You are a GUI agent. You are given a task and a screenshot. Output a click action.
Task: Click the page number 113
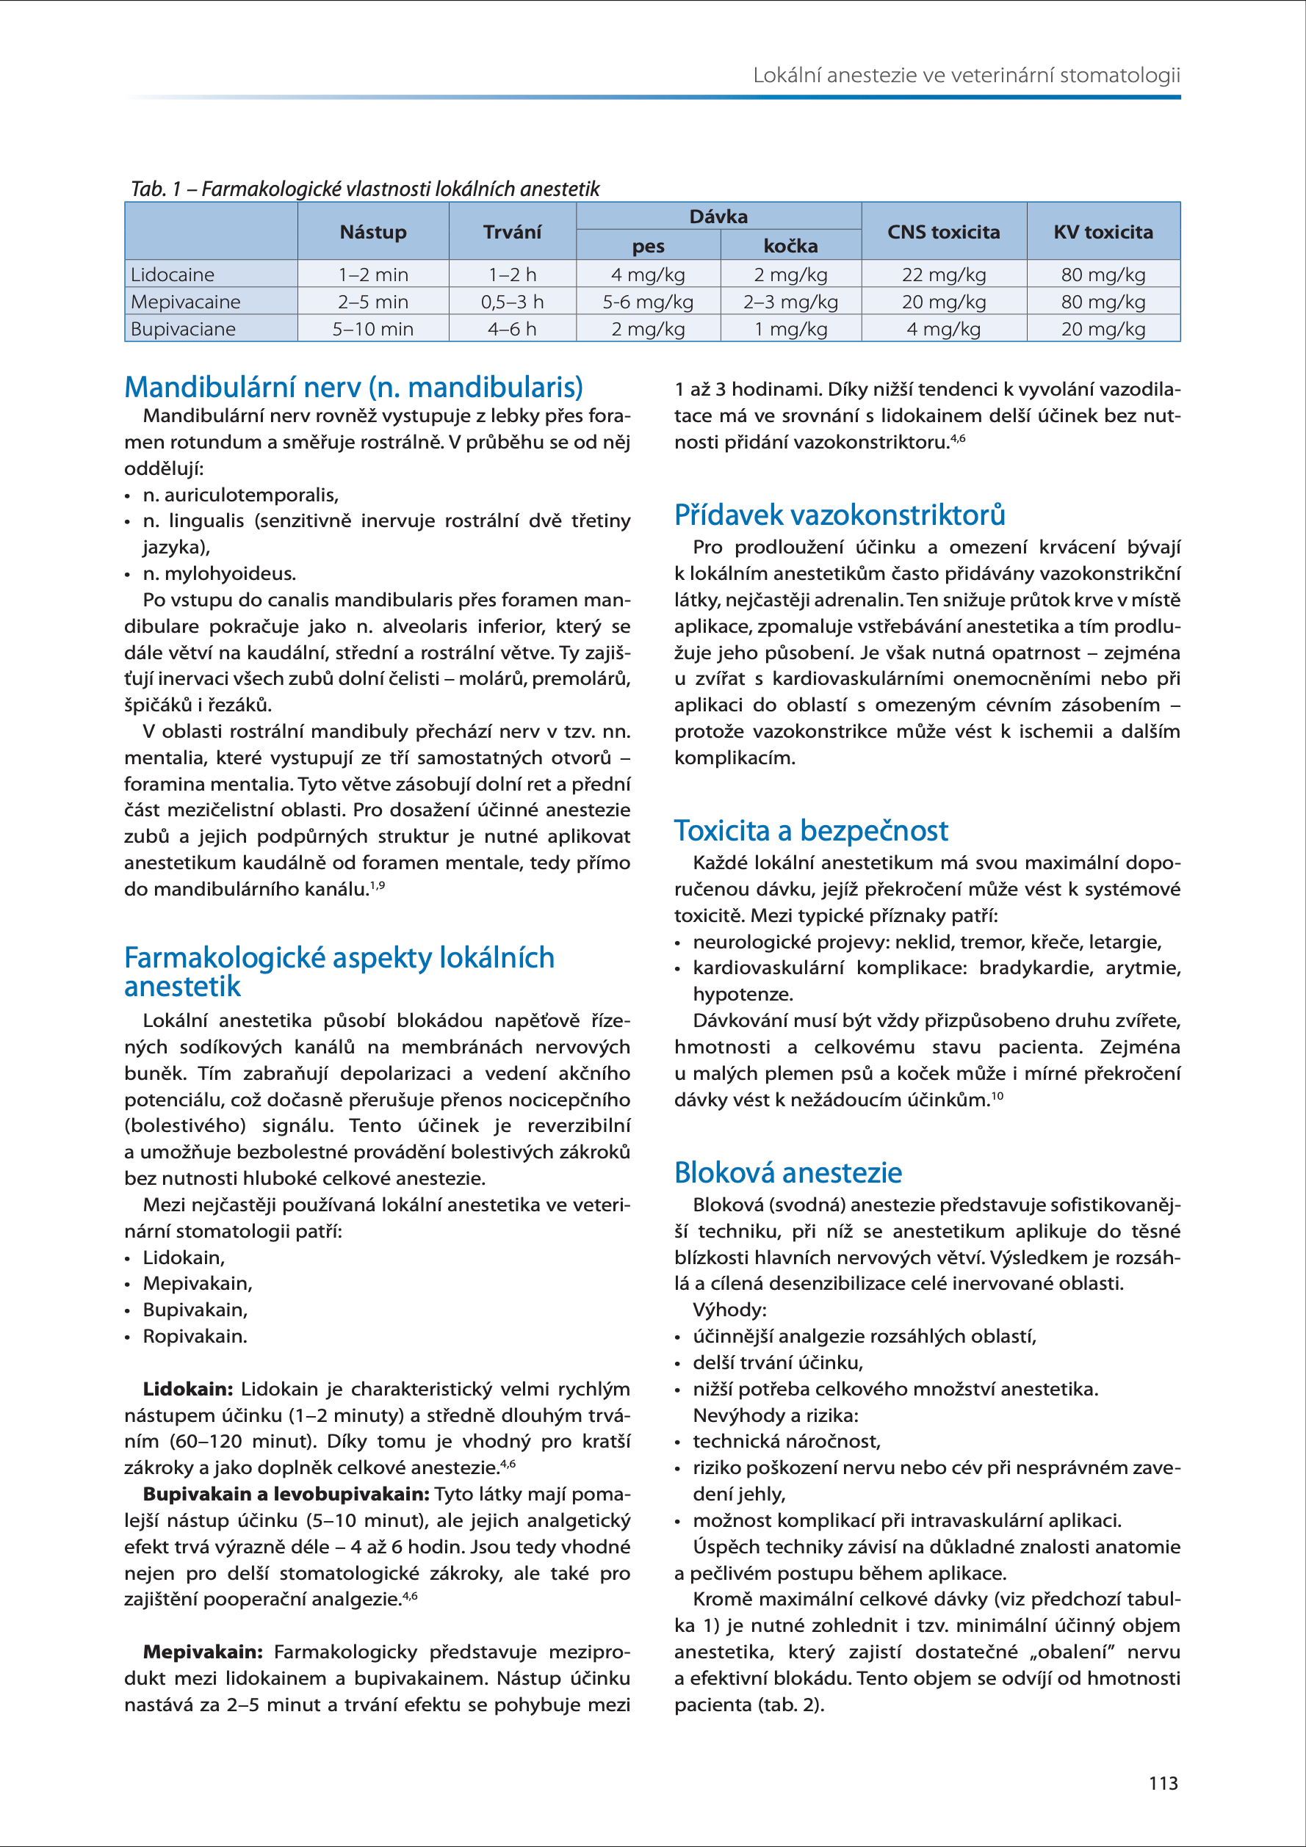coord(1163,1783)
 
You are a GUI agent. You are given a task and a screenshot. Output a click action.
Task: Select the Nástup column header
coord(372,233)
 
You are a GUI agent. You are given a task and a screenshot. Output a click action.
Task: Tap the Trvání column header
coord(512,233)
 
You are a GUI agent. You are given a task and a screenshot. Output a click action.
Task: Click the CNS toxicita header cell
coord(943,233)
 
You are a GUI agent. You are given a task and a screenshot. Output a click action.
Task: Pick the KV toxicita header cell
coord(1103,233)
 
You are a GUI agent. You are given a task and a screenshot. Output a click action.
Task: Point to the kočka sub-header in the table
coord(790,246)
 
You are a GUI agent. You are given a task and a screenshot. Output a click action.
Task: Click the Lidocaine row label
coord(173,275)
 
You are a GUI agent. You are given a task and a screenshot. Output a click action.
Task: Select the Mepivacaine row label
coord(186,302)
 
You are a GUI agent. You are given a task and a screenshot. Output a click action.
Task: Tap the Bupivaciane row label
coord(184,329)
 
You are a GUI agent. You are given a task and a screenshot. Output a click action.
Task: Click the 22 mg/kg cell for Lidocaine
coord(943,275)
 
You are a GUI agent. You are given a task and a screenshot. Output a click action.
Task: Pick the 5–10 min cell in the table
coord(372,329)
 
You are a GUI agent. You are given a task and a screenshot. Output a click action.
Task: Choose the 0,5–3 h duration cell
coord(512,302)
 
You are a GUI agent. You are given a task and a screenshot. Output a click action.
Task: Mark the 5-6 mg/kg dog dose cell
coord(648,302)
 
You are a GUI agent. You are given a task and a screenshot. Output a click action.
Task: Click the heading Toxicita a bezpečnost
coord(811,830)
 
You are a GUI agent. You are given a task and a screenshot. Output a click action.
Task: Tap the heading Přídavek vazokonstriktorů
coord(840,515)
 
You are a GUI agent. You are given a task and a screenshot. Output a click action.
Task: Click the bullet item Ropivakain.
coord(195,1336)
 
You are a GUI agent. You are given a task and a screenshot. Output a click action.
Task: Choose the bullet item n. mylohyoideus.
coord(219,573)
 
